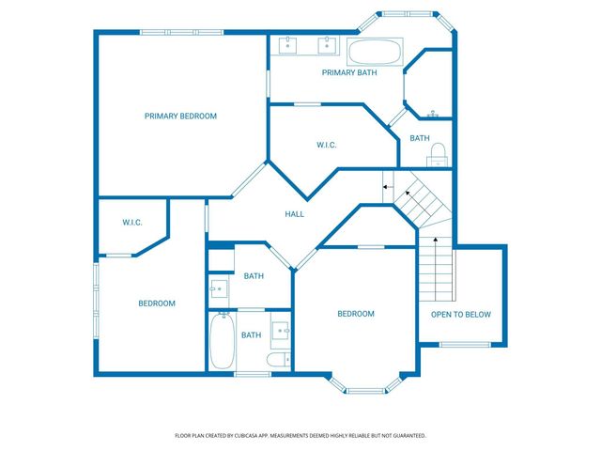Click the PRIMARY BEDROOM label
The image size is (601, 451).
[x=180, y=117]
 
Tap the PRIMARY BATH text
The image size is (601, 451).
[x=348, y=72]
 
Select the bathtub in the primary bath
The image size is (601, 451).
[x=376, y=51]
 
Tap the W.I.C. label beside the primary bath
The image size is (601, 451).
[x=326, y=145]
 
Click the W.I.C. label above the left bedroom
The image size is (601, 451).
[x=131, y=223]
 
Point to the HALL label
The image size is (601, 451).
[x=294, y=215]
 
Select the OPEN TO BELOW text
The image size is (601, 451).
[x=460, y=315]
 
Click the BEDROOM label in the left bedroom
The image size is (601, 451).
[x=157, y=303]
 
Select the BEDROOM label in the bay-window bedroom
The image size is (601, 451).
[x=356, y=314]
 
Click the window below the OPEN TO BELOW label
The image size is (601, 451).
[x=465, y=345]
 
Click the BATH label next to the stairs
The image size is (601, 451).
[x=420, y=139]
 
